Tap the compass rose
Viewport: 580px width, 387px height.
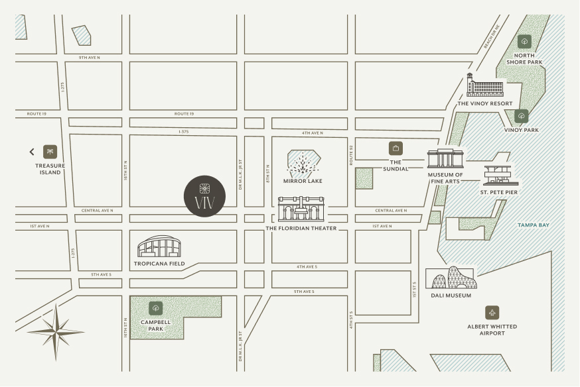click(x=56, y=331)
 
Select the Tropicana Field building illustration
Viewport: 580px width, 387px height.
click(x=159, y=247)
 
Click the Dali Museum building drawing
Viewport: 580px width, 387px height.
click(x=451, y=278)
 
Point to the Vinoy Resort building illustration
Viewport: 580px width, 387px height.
click(x=485, y=86)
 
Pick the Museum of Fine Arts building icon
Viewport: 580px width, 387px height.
click(x=445, y=159)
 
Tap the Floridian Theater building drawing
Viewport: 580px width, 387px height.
click(x=301, y=209)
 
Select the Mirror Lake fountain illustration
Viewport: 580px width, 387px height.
click(x=304, y=163)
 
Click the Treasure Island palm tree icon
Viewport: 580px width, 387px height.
click(x=50, y=151)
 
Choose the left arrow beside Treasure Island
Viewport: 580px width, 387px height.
click(x=31, y=152)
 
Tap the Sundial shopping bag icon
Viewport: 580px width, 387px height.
click(x=396, y=148)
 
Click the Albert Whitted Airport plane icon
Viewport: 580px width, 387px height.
click(x=492, y=313)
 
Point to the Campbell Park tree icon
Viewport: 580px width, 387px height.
click(x=156, y=307)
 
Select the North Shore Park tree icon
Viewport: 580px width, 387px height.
click(x=524, y=42)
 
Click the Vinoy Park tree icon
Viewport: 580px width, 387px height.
click(x=522, y=116)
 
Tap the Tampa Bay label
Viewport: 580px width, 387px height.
click(x=534, y=225)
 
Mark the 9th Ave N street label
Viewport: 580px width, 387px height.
click(x=89, y=58)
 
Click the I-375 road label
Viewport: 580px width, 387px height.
click(x=184, y=131)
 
